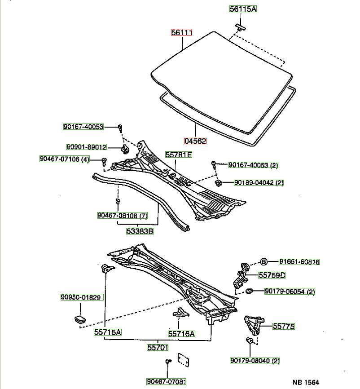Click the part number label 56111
pyautogui.click(x=182, y=33)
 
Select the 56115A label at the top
pyautogui.click(x=243, y=9)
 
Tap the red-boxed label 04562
pyautogui.click(x=195, y=141)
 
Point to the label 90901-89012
pyautogui.click(x=86, y=147)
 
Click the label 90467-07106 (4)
pyautogui.click(x=65, y=159)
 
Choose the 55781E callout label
pyautogui.click(x=178, y=155)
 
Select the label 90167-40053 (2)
pyautogui.click(x=253, y=165)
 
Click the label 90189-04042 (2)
pyautogui.click(x=259, y=182)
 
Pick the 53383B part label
pyautogui.click(x=140, y=231)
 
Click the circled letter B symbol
pyautogui.click(x=264, y=262)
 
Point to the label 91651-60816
pyautogui.click(x=299, y=262)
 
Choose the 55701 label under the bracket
pyautogui.click(x=158, y=347)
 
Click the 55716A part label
pyautogui.click(x=181, y=333)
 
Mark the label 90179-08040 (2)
pyautogui.click(x=255, y=360)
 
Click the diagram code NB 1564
pyautogui.click(x=306, y=382)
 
